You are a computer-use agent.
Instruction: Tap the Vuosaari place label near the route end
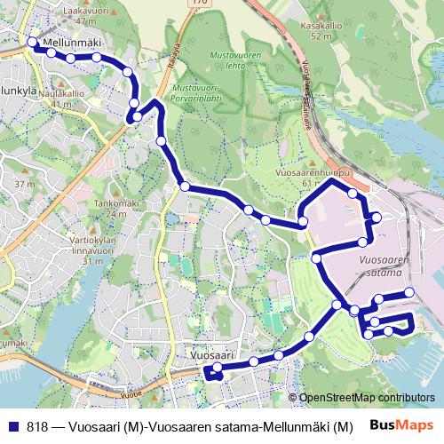pos(211,354)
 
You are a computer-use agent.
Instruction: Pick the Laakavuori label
pos(78,11)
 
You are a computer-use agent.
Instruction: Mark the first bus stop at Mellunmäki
pos(33,43)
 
